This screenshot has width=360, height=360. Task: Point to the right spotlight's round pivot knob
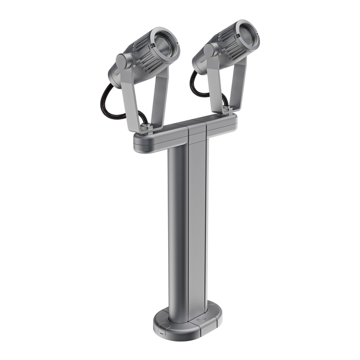209,50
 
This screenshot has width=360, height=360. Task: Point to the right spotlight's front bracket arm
216,84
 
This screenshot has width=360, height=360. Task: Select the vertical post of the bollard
186,225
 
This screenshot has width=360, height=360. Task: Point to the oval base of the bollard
186,321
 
